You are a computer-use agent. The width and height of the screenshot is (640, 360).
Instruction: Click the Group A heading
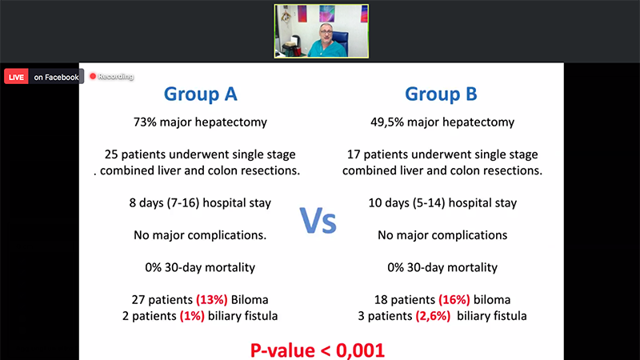tap(201, 94)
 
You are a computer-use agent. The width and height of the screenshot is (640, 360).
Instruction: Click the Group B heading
tap(441, 94)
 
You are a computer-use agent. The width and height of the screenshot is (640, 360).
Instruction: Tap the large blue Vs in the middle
tap(318, 221)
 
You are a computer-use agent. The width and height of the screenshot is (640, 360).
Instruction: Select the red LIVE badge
tap(16, 77)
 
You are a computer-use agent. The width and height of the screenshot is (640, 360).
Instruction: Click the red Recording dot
tap(93, 76)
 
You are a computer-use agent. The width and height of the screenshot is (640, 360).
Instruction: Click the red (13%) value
tap(212, 300)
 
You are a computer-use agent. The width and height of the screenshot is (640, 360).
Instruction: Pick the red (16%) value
tap(454, 300)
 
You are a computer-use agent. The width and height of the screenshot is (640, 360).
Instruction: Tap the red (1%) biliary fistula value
tap(192, 316)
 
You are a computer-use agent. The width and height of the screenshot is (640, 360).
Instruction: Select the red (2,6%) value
tap(433, 316)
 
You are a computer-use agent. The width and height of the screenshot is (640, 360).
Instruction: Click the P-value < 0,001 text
tap(318, 350)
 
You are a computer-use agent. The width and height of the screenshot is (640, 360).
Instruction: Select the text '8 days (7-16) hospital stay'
tap(200, 203)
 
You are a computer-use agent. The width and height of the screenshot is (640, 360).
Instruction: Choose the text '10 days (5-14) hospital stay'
tap(442, 203)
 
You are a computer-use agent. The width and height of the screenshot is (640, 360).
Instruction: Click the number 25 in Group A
tap(111, 154)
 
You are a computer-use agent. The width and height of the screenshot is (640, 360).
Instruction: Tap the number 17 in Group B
tap(354, 154)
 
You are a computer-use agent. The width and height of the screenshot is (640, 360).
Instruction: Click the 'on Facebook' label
tap(56, 77)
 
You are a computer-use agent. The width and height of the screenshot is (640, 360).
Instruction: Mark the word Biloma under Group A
tap(250, 300)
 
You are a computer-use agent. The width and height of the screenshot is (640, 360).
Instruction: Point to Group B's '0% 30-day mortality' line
tap(442, 267)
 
